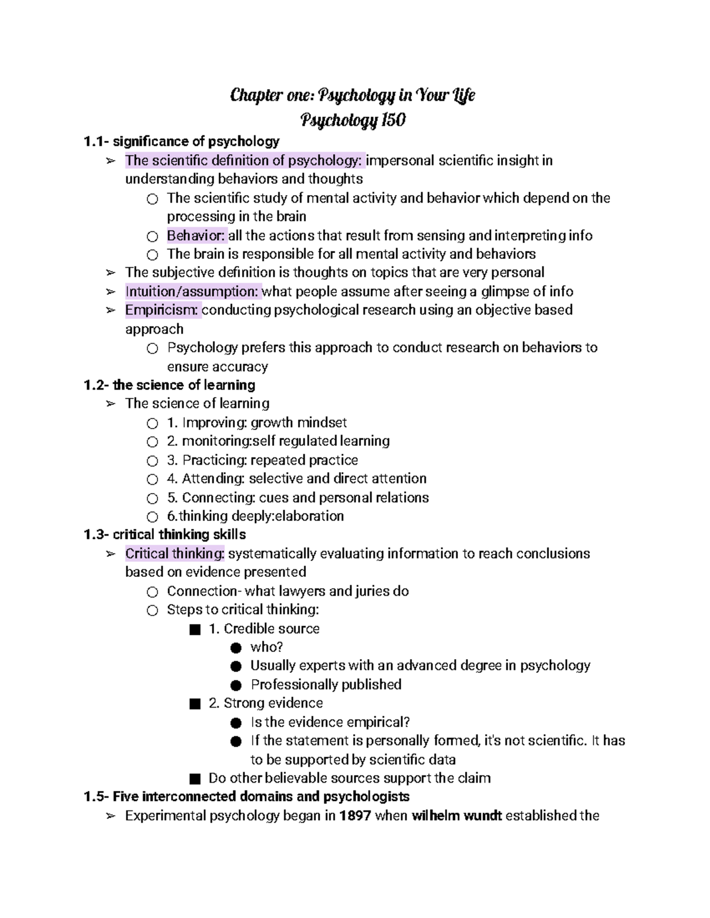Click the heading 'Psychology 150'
pyautogui.click(x=353, y=121)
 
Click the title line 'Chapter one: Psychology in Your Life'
pyautogui.click(x=353, y=95)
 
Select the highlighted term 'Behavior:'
pyautogui.click(x=196, y=236)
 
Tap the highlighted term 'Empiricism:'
pyautogui.click(x=163, y=310)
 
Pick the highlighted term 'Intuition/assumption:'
pyautogui.click(x=192, y=291)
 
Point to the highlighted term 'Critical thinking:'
pyautogui.click(x=175, y=554)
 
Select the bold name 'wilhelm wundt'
pyautogui.click(x=457, y=816)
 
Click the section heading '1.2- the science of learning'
pyautogui.click(x=169, y=385)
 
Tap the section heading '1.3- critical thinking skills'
pyautogui.click(x=164, y=535)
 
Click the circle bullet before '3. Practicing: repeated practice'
pyautogui.click(x=153, y=460)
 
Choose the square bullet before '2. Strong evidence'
pyautogui.click(x=195, y=703)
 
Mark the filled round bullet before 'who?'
pyautogui.click(x=236, y=647)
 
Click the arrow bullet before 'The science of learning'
pyautogui.click(x=111, y=404)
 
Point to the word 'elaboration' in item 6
pyautogui.click(x=310, y=516)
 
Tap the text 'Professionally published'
pyautogui.click(x=326, y=685)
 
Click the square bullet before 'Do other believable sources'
pyautogui.click(x=195, y=778)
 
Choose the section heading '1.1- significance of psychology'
pyautogui.click(x=181, y=142)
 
